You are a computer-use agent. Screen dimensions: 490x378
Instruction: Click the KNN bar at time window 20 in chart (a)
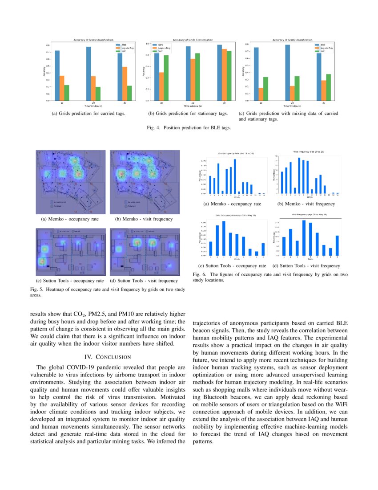pos(88,73)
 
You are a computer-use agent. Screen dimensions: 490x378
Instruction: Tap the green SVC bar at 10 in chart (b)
pos(166,78)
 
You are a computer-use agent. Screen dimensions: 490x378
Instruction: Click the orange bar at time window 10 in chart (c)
pos(261,94)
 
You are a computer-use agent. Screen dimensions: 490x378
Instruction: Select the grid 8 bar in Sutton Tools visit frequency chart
pos(330,252)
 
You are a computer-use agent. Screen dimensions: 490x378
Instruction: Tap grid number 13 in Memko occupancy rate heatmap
pos(76,212)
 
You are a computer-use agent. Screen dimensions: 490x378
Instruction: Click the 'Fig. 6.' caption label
pos(199,274)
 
